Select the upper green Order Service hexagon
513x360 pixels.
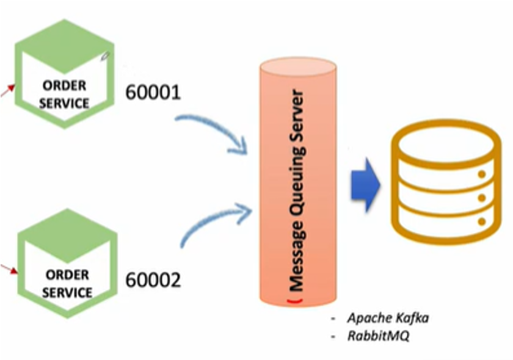coord(64,73)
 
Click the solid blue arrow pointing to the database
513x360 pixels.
coord(365,184)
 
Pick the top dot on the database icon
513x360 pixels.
coord(482,175)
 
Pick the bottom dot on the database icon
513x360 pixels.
coord(482,221)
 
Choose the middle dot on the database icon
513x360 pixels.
coord(482,198)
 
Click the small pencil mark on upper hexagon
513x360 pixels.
coord(104,56)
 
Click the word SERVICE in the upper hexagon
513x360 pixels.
coord(64,103)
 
